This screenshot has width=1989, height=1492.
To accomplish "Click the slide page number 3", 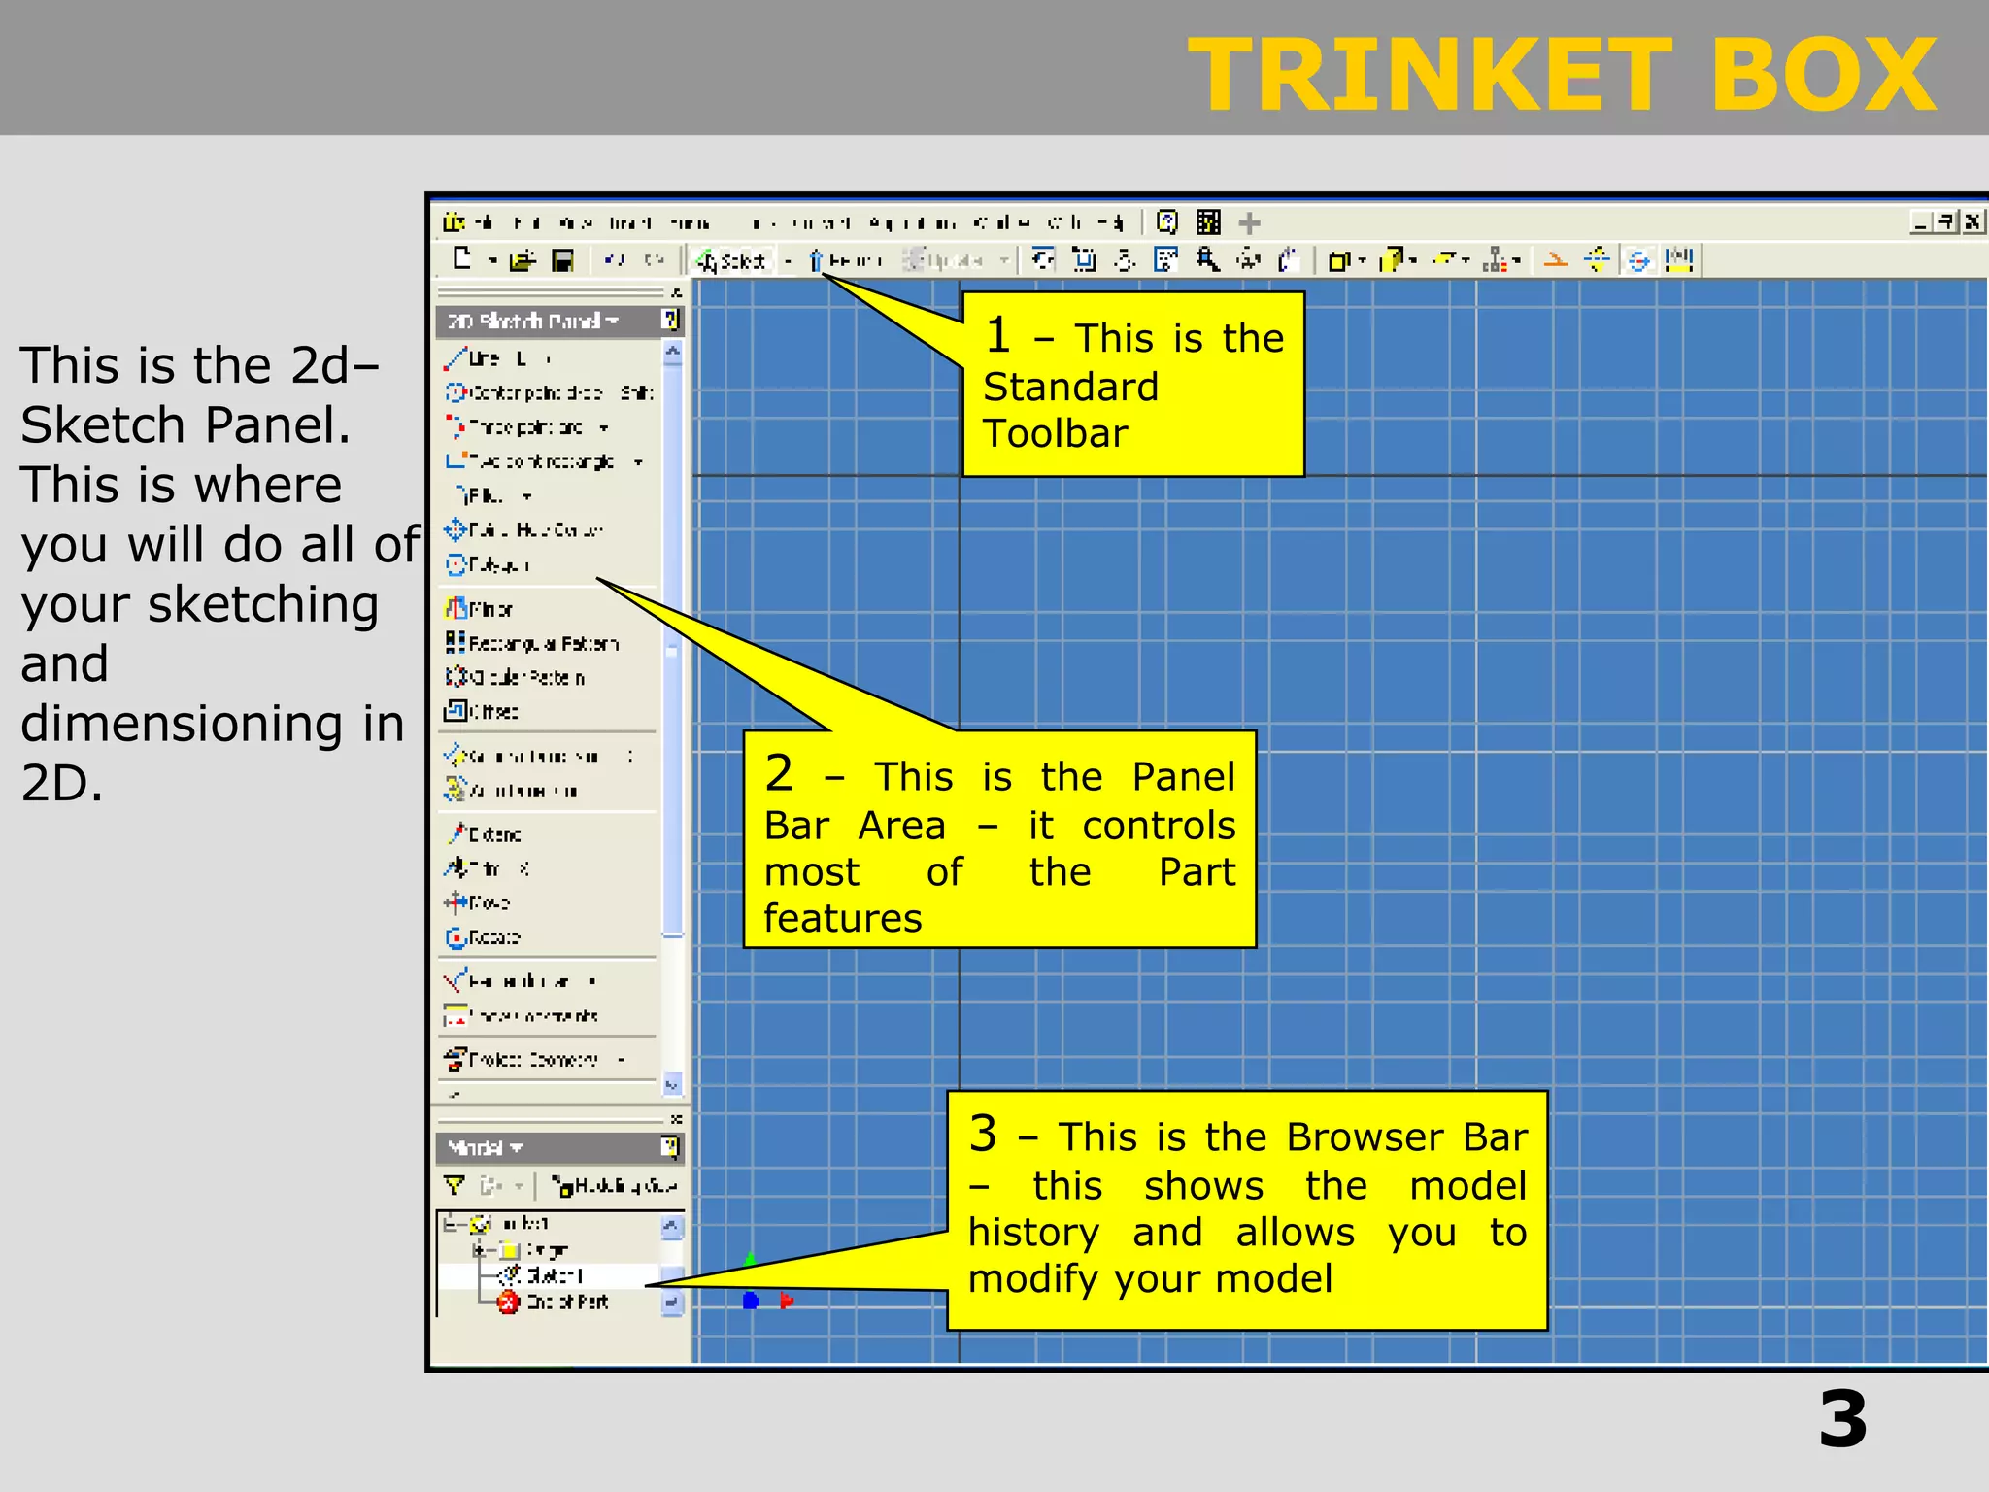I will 1842,1420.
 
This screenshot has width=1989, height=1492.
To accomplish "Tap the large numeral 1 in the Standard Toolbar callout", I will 998,335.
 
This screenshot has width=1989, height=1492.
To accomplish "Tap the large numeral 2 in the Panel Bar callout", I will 779,774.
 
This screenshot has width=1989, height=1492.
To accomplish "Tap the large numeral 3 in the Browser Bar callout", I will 983,1134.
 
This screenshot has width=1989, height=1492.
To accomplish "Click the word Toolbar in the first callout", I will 1055,433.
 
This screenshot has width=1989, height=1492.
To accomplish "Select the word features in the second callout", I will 842,918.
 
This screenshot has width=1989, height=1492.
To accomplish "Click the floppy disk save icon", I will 562,260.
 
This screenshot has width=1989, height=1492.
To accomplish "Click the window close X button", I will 1972,222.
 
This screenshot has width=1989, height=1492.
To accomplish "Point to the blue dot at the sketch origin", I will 751,1301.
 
